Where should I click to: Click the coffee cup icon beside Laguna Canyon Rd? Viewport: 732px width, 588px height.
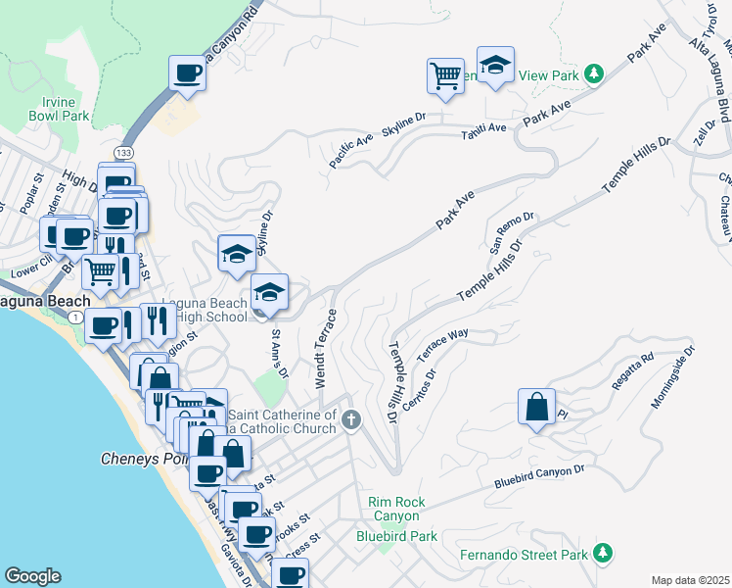click(x=187, y=73)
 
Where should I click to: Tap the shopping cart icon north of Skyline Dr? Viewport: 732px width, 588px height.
click(x=445, y=75)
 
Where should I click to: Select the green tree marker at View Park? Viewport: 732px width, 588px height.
click(x=592, y=73)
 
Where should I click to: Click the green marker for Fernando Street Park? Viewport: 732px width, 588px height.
click(x=604, y=555)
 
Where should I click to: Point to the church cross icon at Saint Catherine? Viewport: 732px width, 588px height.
click(x=351, y=420)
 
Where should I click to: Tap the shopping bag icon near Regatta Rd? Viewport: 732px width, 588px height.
click(x=537, y=407)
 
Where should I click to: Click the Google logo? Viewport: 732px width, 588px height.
click(x=32, y=575)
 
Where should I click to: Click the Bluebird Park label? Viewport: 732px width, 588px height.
click(x=396, y=536)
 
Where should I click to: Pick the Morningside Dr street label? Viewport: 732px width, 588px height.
click(x=673, y=376)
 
